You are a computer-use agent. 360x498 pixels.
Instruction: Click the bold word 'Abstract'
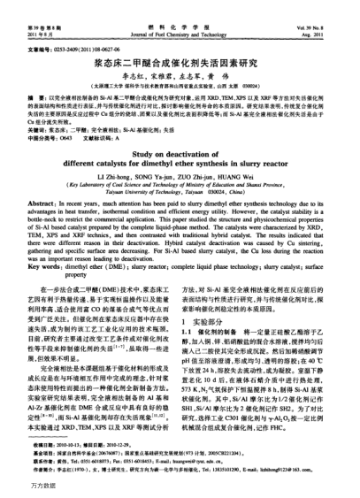pyautogui.click(x=44, y=227)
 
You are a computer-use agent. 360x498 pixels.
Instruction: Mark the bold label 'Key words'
pyautogui.click(x=46, y=285)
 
